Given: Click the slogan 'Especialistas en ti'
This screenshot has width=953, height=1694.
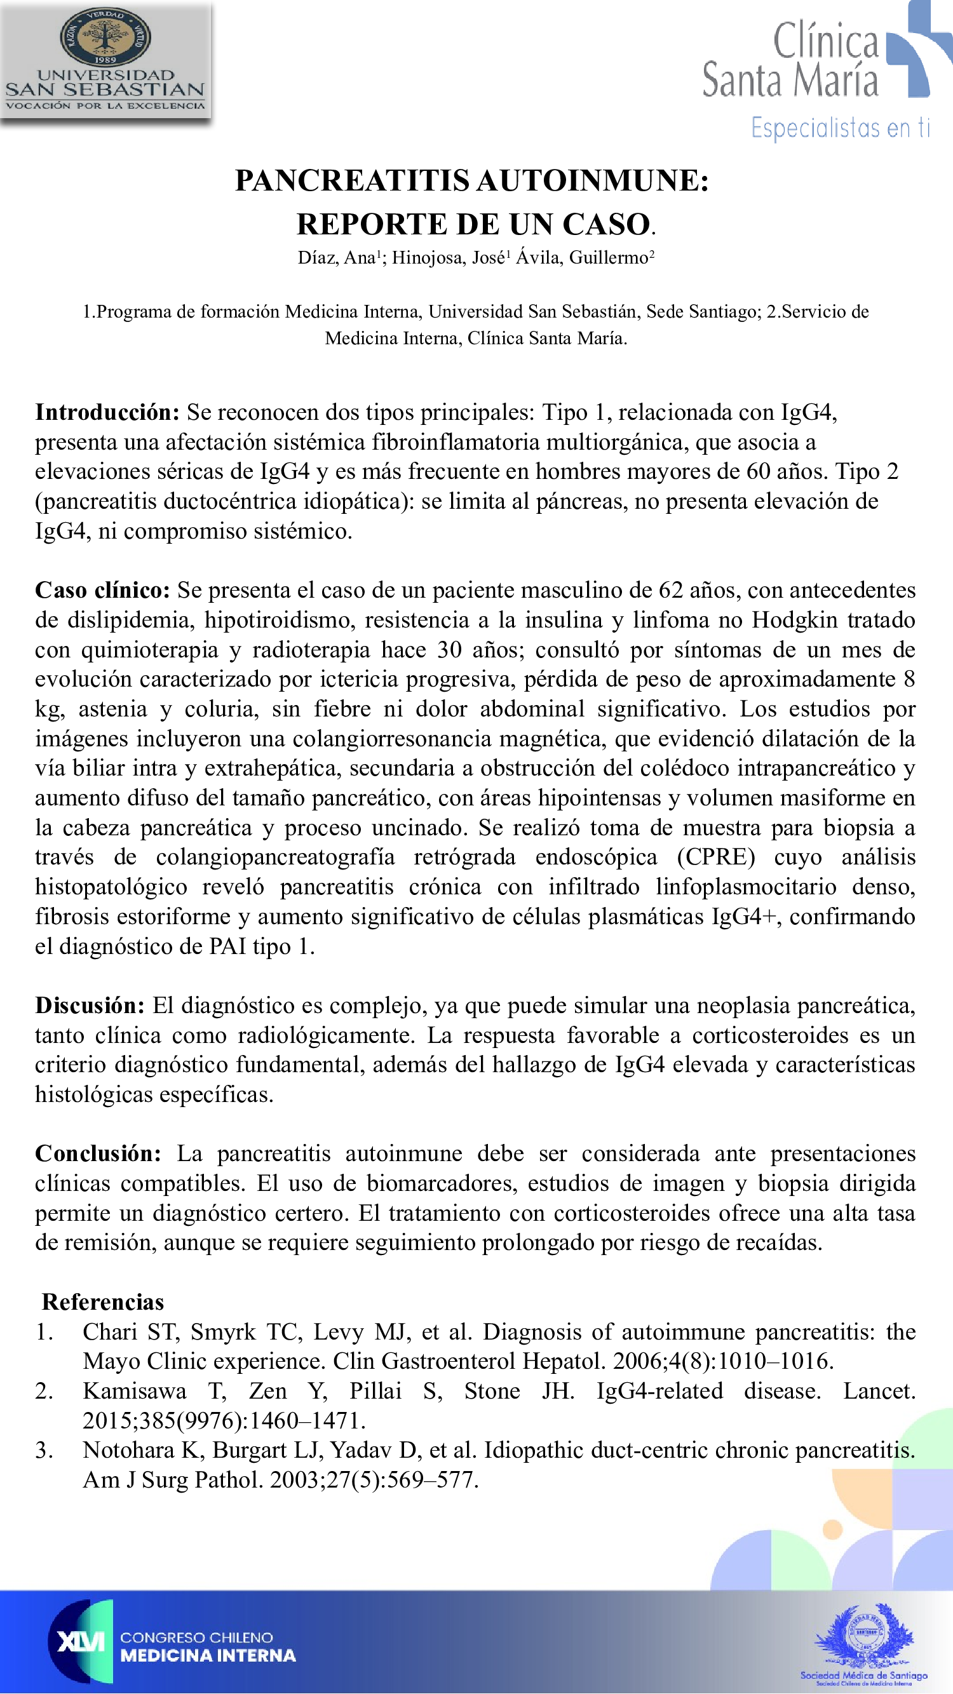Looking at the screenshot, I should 841,128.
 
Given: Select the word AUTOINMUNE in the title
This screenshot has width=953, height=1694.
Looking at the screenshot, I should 593,181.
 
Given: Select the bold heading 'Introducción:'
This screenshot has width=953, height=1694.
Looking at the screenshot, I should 107,412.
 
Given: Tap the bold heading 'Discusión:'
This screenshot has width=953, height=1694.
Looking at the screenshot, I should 90,1005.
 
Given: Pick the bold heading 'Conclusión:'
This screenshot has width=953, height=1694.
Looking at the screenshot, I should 98,1153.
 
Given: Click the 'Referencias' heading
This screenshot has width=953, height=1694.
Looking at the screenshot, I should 102,1302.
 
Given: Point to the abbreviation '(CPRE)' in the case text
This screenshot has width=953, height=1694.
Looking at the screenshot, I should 716,857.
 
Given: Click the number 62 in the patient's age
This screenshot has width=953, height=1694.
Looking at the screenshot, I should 671,590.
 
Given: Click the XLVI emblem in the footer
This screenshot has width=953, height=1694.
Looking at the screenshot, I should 81,1641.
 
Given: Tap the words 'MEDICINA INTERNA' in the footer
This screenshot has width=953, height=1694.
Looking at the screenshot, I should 208,1655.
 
